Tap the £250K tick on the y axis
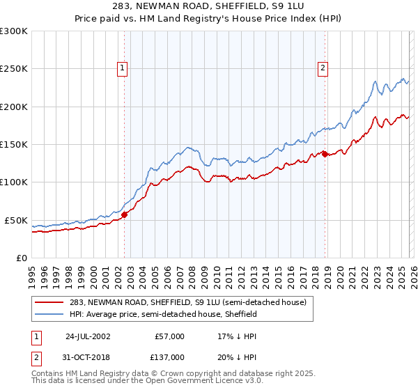tap(14, 69)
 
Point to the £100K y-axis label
tap(14, 182)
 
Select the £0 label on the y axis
tap(21, 258)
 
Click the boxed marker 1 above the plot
tap(123, 68)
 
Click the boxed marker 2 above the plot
tap(324, 68)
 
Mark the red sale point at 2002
tap(125, 215)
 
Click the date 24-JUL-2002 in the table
tap(89, 336)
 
